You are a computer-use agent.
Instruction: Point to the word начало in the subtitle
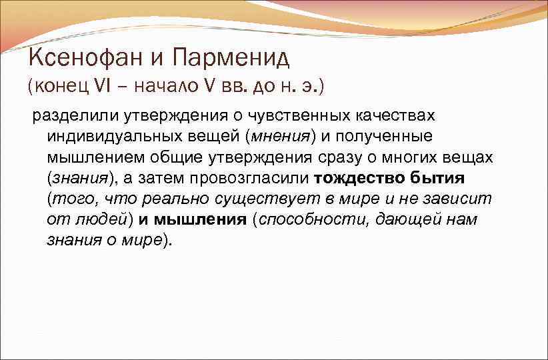click(153, 87)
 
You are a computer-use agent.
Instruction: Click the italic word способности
click(310, 220)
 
